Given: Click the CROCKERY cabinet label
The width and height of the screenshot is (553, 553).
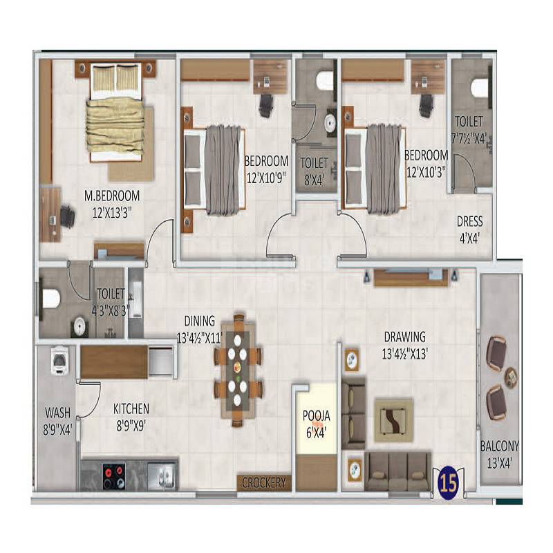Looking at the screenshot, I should (x=263, y=482).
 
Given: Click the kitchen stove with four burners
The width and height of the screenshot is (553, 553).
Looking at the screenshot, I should (x=113, y=475).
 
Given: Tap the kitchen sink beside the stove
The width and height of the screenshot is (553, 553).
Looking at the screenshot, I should (x=163, y=475).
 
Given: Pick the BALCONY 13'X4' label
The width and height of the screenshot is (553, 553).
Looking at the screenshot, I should (x=500, y=453).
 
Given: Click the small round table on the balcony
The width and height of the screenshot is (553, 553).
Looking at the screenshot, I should (x=511, y=377).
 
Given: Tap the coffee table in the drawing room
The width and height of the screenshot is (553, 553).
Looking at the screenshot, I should (x=393, y=420).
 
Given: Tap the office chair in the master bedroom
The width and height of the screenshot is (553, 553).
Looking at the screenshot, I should (x=67, y=217).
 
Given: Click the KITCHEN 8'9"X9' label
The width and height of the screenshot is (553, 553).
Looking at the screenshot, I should (x=131, y=415).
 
